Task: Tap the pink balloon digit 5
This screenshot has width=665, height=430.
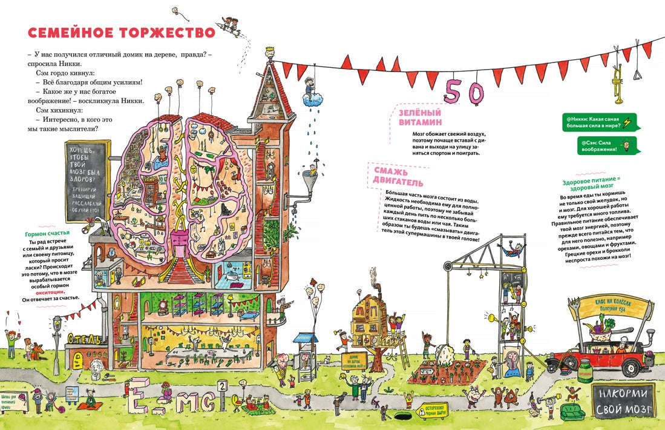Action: [x=453, y=90]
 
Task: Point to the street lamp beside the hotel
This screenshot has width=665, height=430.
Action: [x=57, y=339]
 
